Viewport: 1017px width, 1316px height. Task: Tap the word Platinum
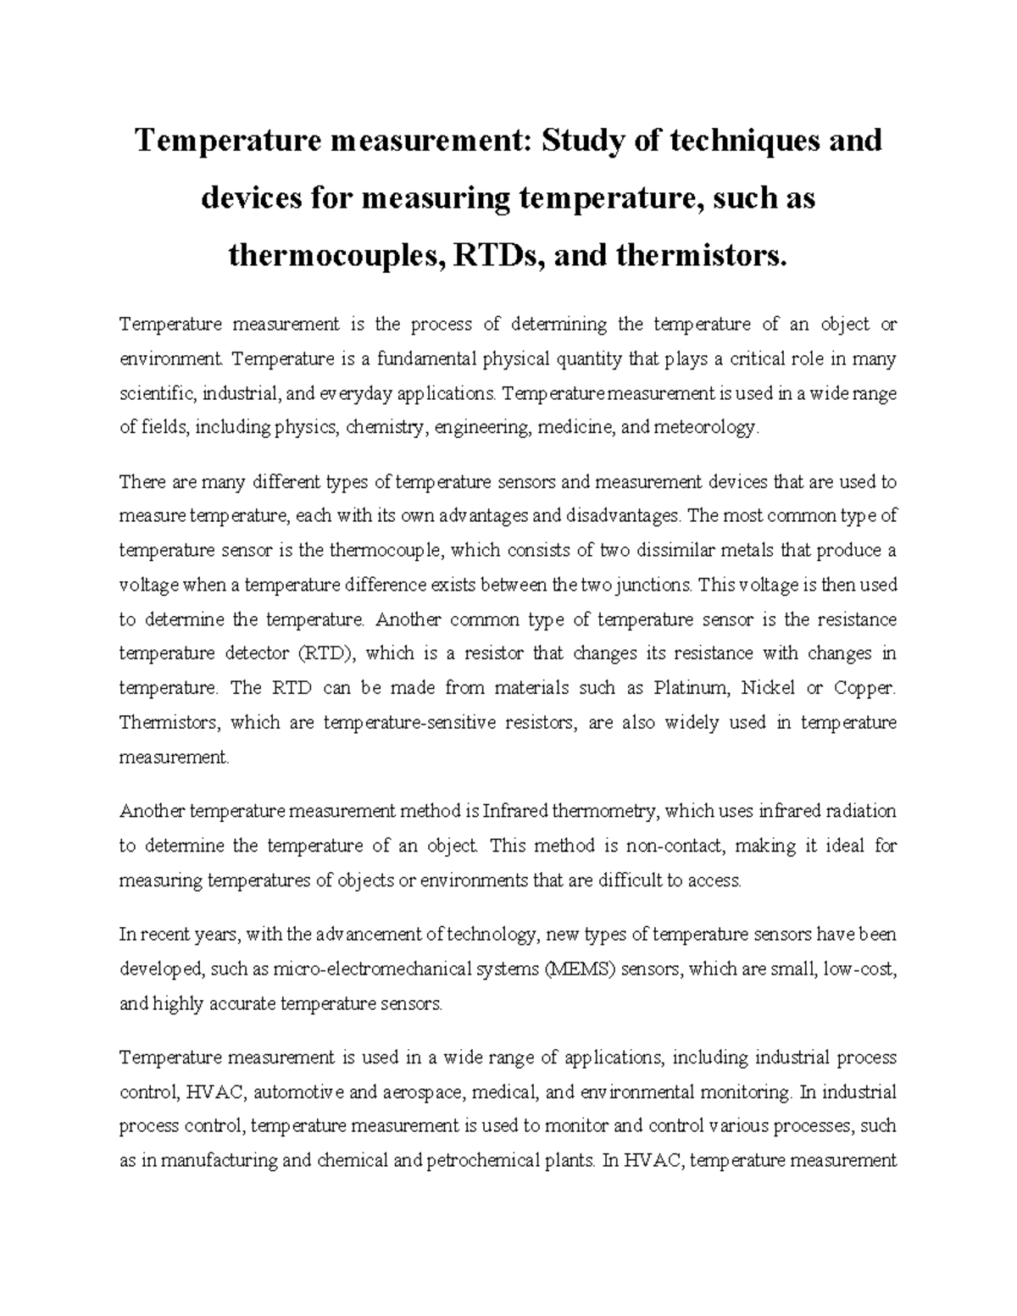[687, 688]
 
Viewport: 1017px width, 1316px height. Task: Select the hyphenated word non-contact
[675, 847]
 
